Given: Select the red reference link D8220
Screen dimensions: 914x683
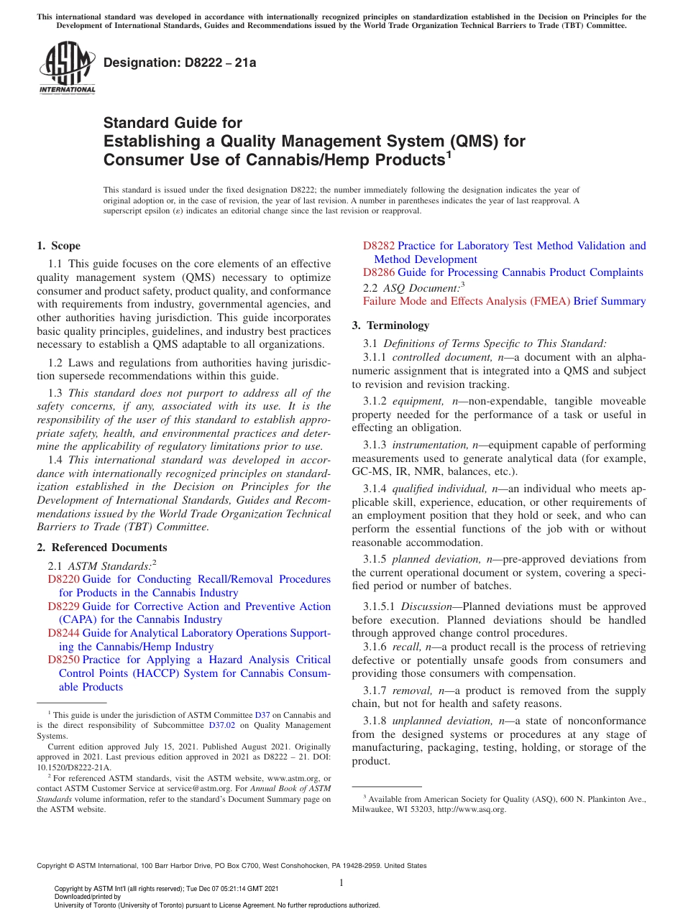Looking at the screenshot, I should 63,579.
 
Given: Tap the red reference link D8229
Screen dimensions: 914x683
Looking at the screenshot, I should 63,606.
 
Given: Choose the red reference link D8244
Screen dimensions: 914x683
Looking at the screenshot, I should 63,633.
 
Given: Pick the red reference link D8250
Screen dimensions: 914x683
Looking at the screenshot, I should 63,660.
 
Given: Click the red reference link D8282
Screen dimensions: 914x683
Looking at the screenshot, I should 379,246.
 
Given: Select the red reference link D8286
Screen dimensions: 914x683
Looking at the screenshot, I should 379,272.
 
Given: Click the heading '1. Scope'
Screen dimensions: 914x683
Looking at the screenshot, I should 59,246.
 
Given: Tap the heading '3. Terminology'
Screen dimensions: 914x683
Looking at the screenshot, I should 390,326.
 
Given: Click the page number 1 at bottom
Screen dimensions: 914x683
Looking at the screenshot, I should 341,883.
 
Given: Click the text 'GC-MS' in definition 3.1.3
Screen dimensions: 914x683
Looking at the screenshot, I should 368,472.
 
